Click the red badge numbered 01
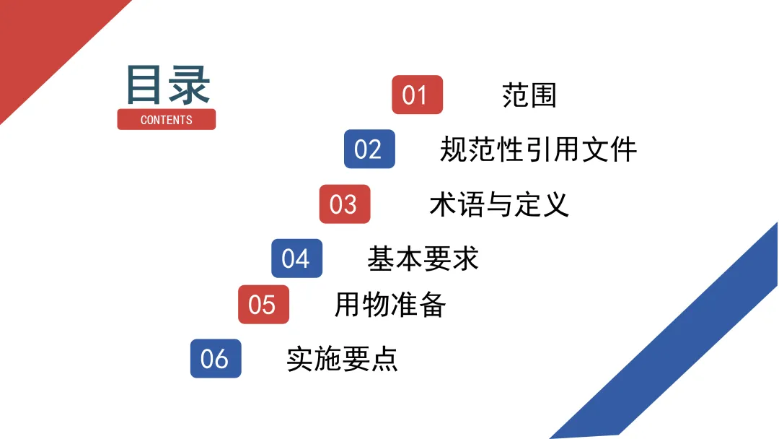tap(417, 95)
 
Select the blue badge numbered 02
tap(369, 149)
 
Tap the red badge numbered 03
tap(345, 204)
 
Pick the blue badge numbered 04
tap(296, 258)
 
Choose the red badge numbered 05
tap(263, 304)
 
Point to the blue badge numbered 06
tap(216, 358)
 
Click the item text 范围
tap(529, 95)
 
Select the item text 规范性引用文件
tap(538, 149)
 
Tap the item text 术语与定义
tap(499, 204)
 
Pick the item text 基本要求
tap(423, 258)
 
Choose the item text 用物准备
tap(389, 305)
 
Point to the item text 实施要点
tap(342, 359)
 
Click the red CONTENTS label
tap(167, 119)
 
